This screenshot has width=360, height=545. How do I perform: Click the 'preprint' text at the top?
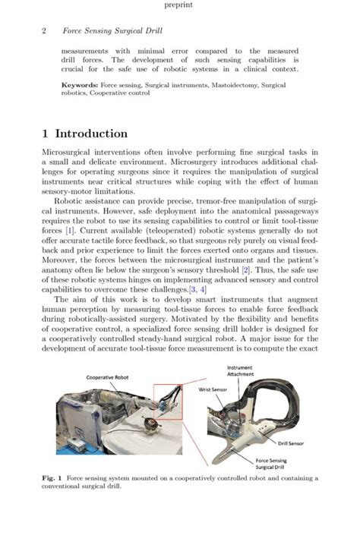pos(179,5)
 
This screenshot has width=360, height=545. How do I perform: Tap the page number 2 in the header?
pos(44,31)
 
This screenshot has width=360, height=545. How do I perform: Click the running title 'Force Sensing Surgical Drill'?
pos(106,31)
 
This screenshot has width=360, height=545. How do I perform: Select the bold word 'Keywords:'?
pos(78,86)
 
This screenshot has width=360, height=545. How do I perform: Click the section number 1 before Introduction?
pos(46,134)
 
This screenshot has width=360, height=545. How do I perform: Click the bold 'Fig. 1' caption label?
pos(52,479)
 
